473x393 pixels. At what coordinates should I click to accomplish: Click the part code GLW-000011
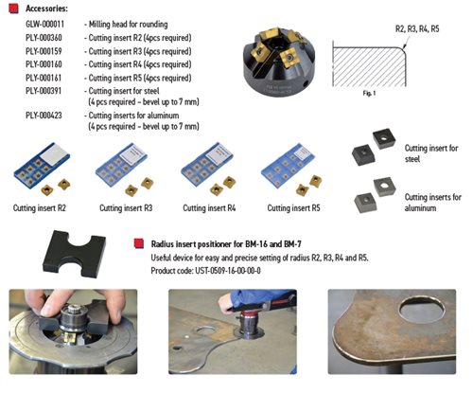[x=44, y=25]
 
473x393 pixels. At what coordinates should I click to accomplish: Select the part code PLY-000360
[x=44, y=38]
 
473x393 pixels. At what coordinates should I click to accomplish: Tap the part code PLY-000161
[x=44, y=78]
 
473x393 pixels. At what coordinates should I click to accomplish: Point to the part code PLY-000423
[x=44, y=116]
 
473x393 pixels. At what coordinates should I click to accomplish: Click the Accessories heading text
[x=46, y=9]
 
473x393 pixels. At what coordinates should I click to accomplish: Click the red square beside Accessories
[x=13, y=9]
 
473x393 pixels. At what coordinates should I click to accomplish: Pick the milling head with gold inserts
[x=279, y=63]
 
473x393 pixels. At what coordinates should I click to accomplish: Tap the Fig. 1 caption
[x=369, y=94]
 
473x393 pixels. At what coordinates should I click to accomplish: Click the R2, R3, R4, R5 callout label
[x=417, y=29]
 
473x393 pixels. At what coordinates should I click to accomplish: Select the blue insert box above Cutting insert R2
[x=42, y=165]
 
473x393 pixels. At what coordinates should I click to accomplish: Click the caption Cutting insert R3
[x=126, y=208]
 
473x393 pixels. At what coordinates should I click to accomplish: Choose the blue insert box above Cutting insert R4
[x=206, y=164]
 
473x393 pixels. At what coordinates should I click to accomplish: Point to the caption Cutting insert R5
[x=293, y=208]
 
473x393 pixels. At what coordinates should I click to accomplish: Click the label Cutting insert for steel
[x=431, y=153]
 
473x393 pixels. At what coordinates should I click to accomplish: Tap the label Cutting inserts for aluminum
[x=433, y=203]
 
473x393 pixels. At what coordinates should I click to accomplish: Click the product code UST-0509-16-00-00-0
[x=228, y=271]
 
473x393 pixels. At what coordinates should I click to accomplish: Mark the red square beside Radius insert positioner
[x=139, y=243]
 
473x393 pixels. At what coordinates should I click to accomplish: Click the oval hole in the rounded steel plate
[x=422, y=309]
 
